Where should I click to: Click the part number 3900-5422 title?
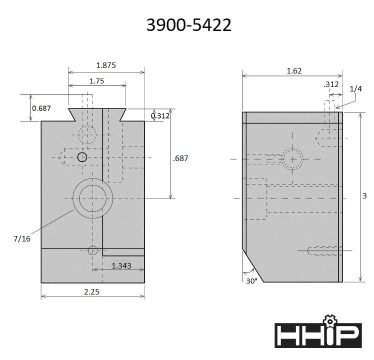[x=188, y=25]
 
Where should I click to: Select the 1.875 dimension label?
[x=106, y=65]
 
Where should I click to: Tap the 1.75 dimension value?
[x=97, y=80]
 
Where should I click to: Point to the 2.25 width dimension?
[x=92, y=290]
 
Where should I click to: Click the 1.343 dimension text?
[x=122, y=265]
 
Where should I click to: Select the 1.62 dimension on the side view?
[x=294, y=71]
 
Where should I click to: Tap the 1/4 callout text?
[x=355, y=88]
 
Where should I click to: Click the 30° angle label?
[x=251, y=281]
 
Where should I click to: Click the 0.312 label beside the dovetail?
[x=160, y=115]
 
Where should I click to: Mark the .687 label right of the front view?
[x=180, y=158]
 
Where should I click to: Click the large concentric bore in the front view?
[x=92, y=197]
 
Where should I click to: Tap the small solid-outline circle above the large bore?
[x=82, y=157]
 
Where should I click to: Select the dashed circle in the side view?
[x=292, y=159]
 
